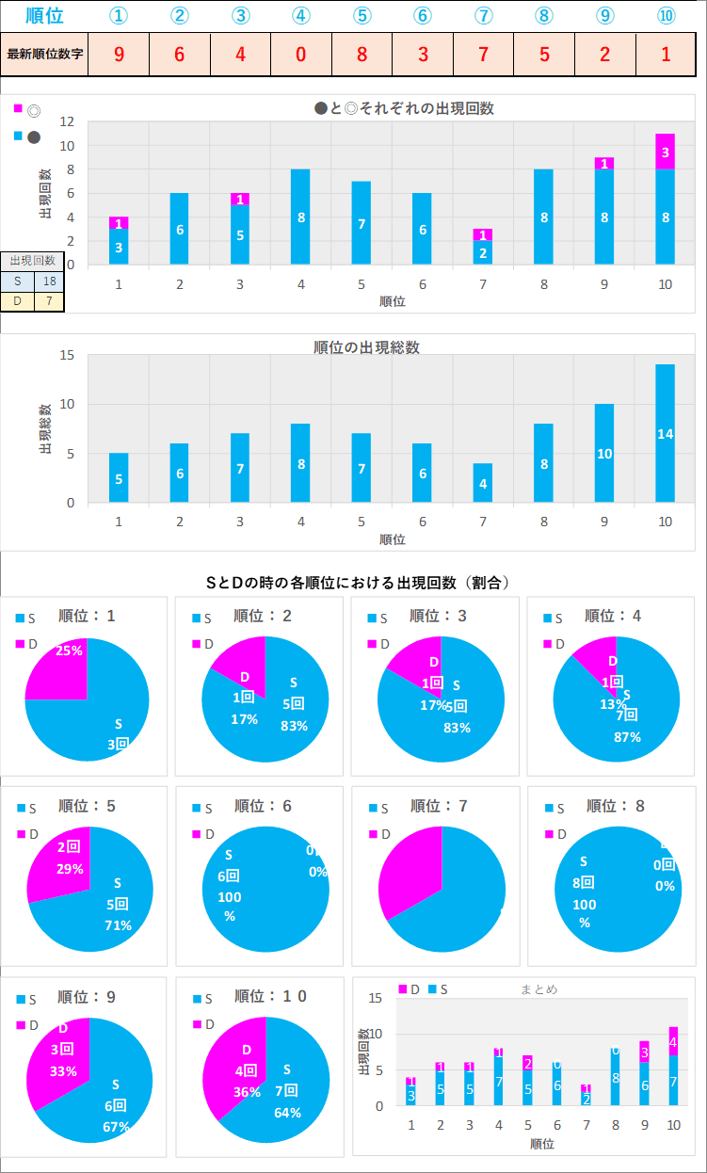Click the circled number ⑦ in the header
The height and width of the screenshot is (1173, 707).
[x=483, y=16]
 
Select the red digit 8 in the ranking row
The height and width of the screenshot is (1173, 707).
[x=362, y=54]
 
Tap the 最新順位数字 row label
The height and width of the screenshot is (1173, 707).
[x=45, y=54]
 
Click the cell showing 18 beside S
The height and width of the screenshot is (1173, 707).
[x=48, y=281]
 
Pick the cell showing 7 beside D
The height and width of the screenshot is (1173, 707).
[x=48, y=301]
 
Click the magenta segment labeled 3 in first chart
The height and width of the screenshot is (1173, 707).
[x=665, y=152]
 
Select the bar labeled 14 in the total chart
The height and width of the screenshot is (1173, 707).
[x=665, y=433]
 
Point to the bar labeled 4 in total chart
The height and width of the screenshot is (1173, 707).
[x=483, y=483]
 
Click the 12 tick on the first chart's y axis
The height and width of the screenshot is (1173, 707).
[x=67, y=121]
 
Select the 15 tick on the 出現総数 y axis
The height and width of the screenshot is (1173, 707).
[x=67, y=355]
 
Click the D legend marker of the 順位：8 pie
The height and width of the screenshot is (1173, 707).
[x=548, y=833]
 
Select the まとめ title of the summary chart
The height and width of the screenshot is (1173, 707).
[x=538, y=989]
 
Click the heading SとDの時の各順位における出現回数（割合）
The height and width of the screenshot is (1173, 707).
[x=358, y=583]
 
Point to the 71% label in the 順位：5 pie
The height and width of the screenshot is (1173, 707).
[x=118, y=924]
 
